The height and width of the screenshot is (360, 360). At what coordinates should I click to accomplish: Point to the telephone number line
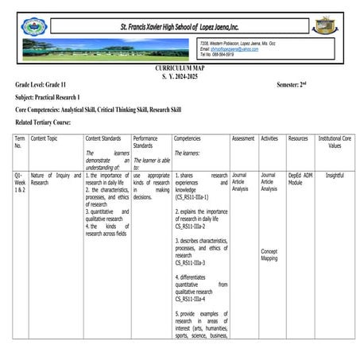pos(218,54)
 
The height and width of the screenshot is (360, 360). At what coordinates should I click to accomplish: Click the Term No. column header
pos(20,142)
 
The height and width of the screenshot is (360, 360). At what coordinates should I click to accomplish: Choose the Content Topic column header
pos(45,138)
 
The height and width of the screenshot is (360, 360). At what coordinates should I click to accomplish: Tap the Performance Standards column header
pos(145,142)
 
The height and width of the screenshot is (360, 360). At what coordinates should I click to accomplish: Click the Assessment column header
pos(242,138)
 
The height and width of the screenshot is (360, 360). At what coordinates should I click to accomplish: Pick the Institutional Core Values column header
pos(334,142)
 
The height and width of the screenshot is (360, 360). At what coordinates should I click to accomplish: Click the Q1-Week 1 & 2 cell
pos(20,183)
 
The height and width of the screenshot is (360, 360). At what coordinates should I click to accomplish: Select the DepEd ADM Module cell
pos(300,179)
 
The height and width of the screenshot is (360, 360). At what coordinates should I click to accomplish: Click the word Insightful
pos(334,175)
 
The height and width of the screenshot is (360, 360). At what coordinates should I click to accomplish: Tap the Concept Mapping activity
pos(270,254)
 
